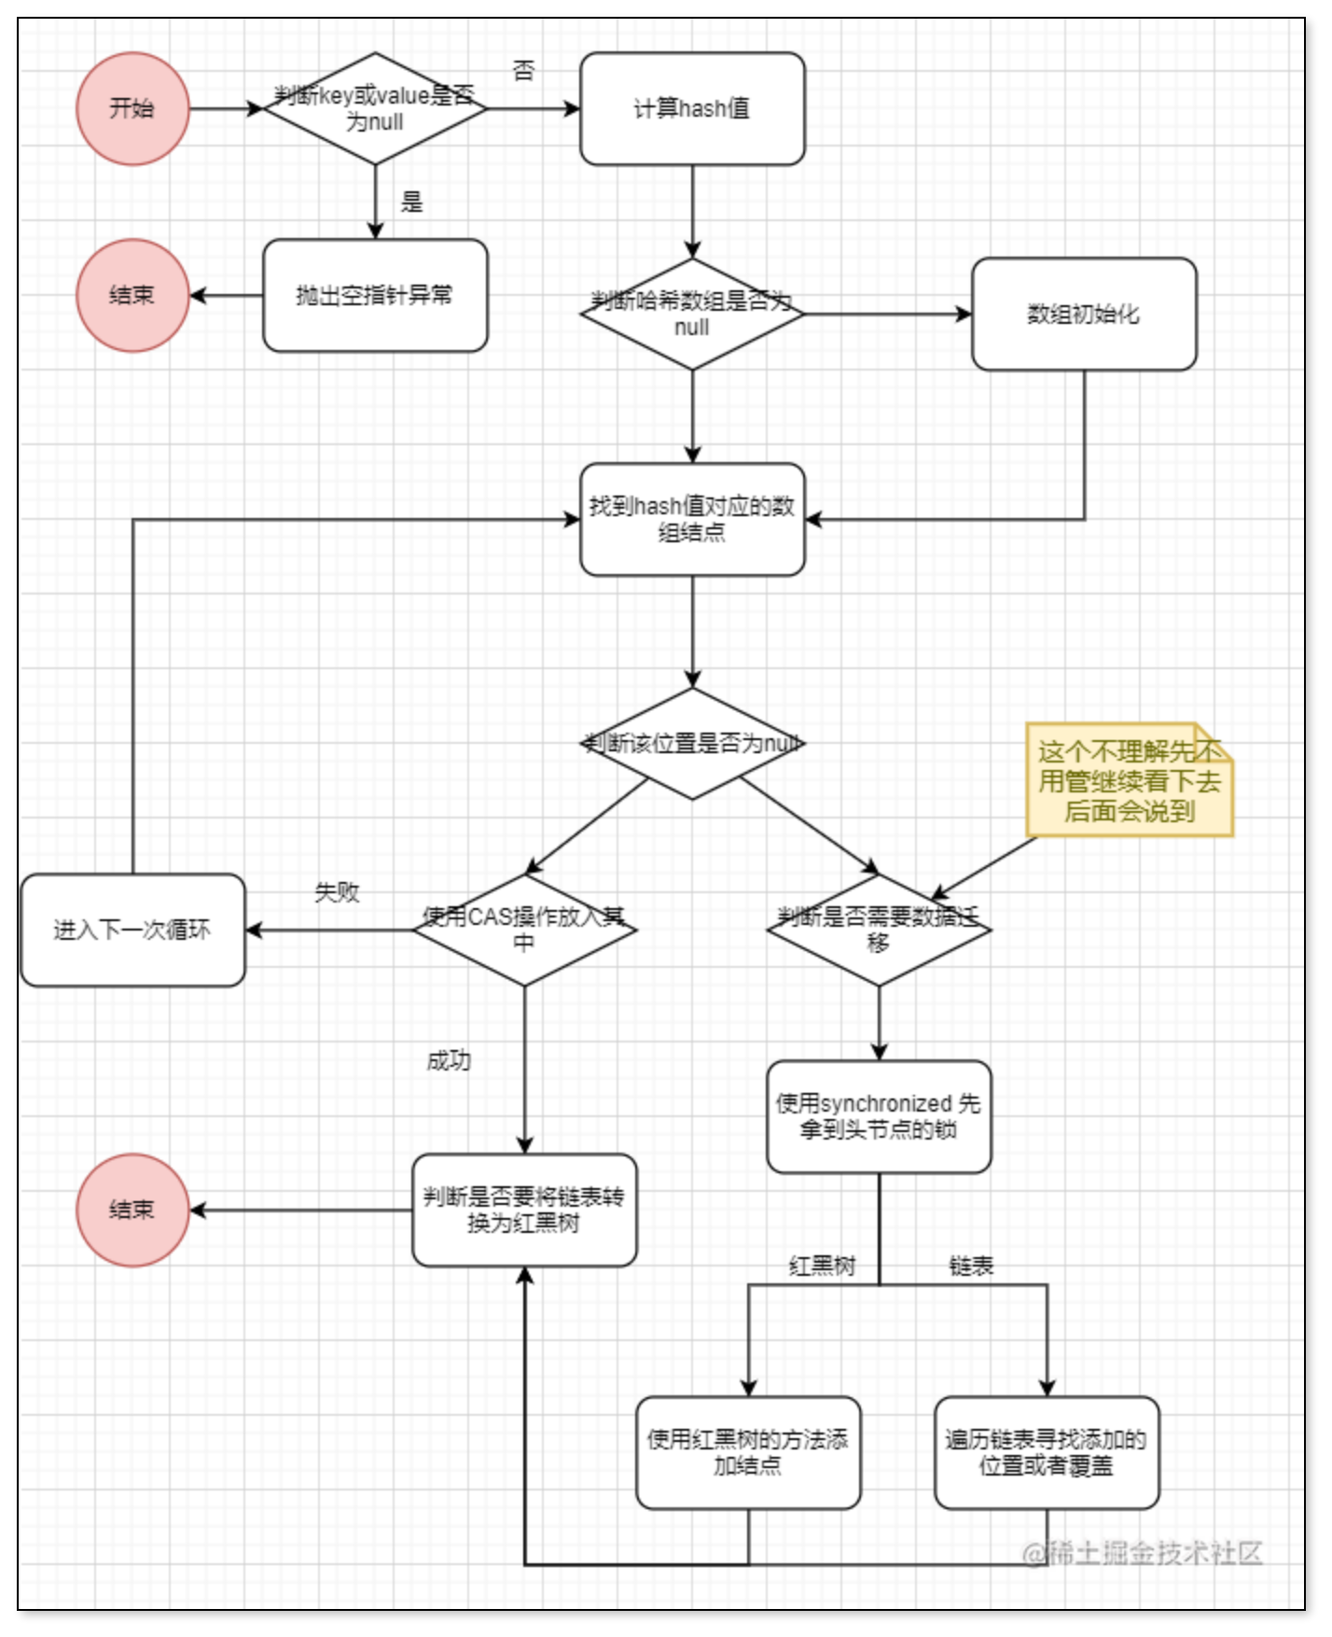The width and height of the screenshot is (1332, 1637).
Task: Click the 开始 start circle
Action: tap(132, 108)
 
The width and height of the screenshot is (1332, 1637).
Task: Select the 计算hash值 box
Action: tap(692, 108)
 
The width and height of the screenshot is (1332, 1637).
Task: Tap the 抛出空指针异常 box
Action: tap(375, 295)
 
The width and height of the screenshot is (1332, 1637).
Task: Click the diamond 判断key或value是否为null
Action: tap(375, 108)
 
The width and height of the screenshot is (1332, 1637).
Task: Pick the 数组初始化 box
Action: tap(1084, 314)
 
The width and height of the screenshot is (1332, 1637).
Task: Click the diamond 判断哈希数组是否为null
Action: tap(692, 314)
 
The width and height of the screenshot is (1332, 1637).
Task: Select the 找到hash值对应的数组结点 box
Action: tap(692, 519)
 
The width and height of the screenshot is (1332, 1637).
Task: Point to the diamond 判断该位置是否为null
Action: tap(692, 743)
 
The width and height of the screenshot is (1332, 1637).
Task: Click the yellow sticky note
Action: tap(1130, 780)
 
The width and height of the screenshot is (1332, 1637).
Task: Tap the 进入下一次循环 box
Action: tap(132, 930)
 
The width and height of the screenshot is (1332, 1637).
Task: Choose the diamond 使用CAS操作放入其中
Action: tap(524, 930)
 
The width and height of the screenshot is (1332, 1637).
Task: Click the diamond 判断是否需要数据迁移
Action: tap(879, 930)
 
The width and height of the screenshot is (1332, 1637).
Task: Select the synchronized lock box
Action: tap(879, 1116)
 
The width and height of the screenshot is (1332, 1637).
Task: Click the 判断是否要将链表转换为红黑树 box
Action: tap(524, 1210)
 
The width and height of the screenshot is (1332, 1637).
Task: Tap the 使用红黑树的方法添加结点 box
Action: tap(748, 1452)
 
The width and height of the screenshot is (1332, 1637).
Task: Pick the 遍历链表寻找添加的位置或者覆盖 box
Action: tap(1047, 1452)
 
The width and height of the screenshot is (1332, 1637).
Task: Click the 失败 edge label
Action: tap(337, 892)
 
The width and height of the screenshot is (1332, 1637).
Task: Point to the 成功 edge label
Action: tap(449, 1060)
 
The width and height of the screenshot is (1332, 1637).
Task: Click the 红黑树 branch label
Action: tap(822, 1266)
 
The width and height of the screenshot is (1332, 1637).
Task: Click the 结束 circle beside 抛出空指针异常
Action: tap(132, 295)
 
